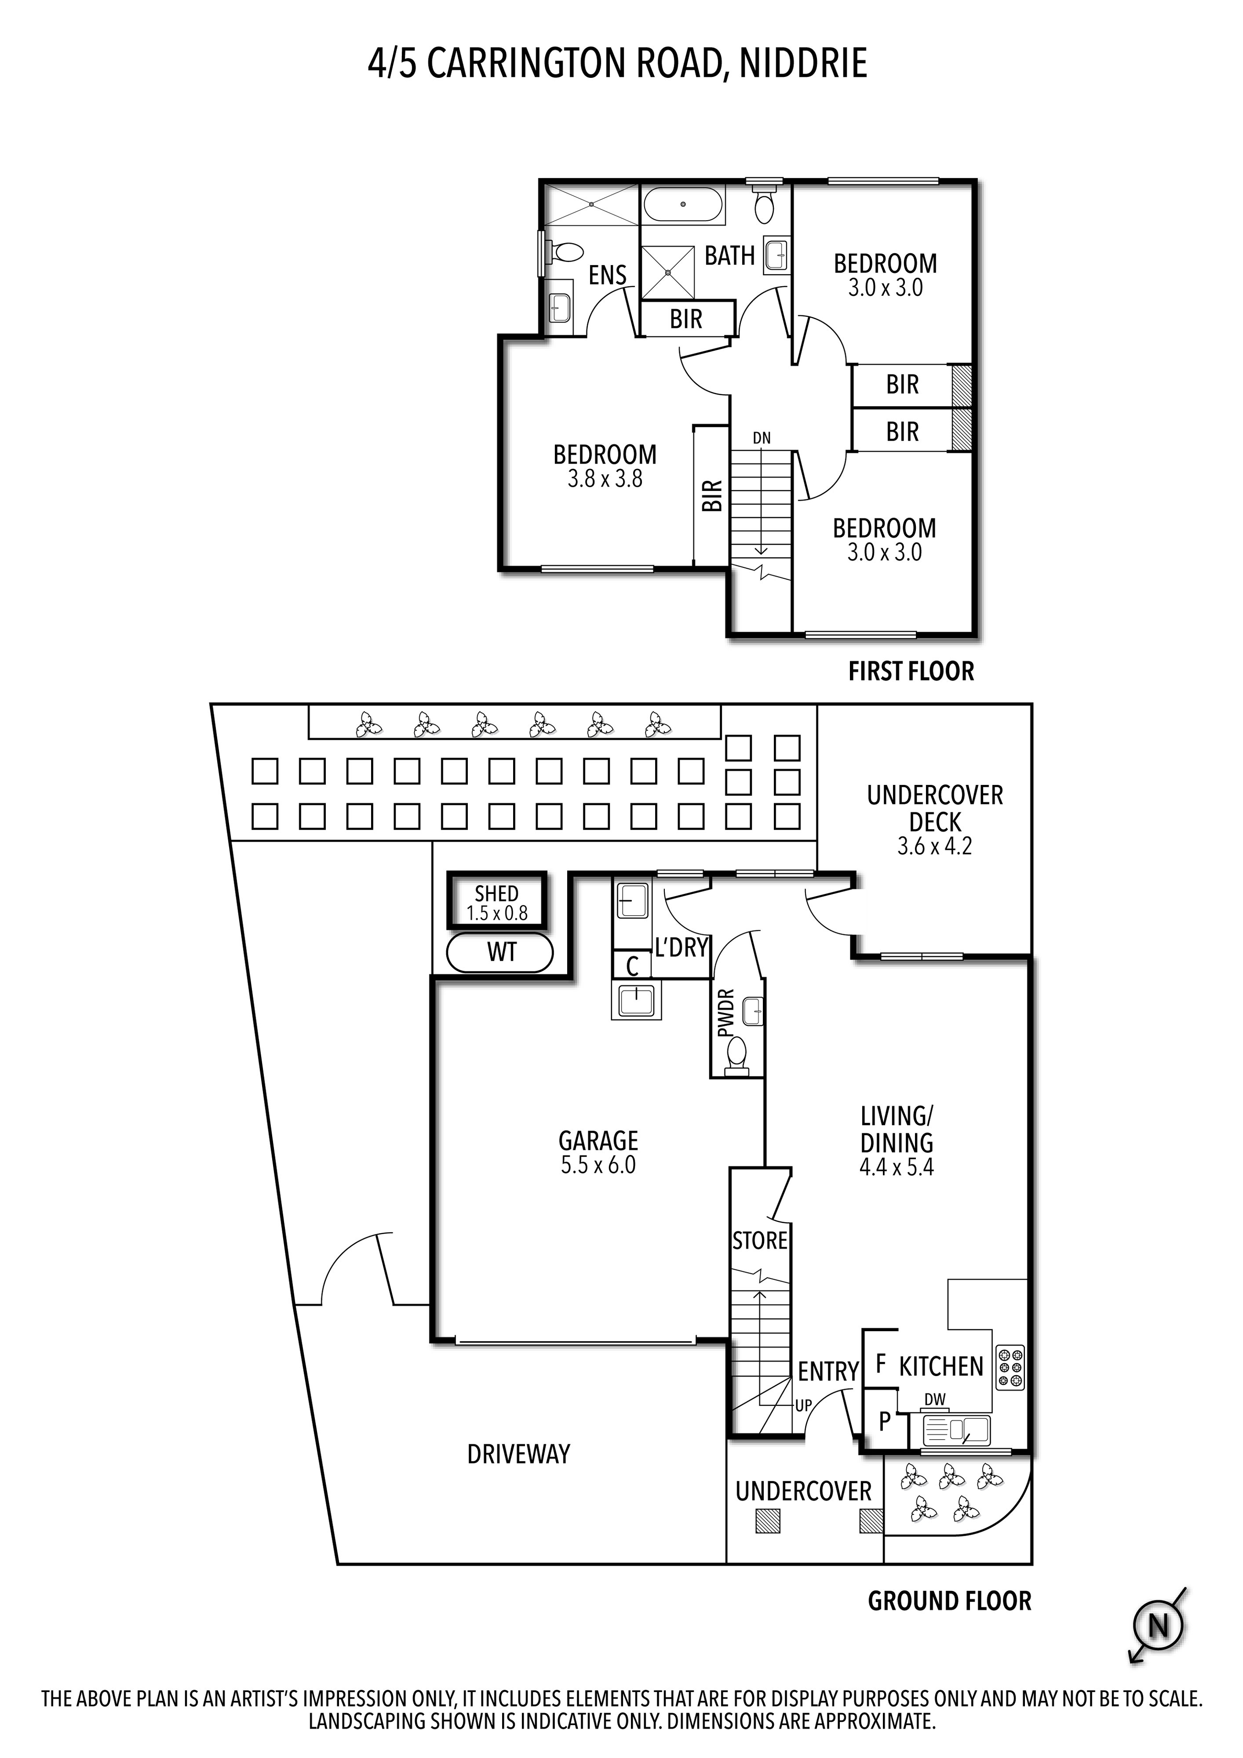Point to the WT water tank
(501, 952)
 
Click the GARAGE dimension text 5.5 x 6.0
(598, 1165)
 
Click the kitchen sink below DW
(957, 1430)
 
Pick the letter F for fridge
(881, 1363)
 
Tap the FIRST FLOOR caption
(911, 671)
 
